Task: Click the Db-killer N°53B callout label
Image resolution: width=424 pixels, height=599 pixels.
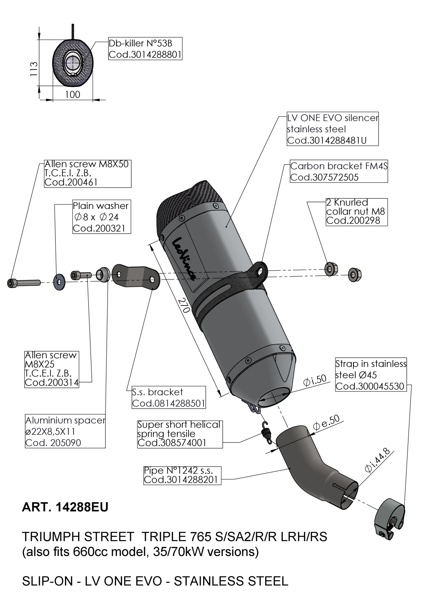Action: coord(145,49)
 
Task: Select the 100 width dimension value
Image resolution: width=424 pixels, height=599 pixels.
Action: coord(73,95)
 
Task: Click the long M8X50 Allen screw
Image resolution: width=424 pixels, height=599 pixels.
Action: coord(24,282)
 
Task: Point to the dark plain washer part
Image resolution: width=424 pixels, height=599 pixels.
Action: coord(59,282)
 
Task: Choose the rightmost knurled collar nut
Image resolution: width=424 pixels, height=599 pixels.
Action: coord(355,274)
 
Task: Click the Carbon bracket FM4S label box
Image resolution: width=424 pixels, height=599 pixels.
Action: coord(339,172)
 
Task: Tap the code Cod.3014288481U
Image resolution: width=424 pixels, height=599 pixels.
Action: coord(327,141)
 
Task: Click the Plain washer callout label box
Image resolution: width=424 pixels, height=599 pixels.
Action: coord(101,217)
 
